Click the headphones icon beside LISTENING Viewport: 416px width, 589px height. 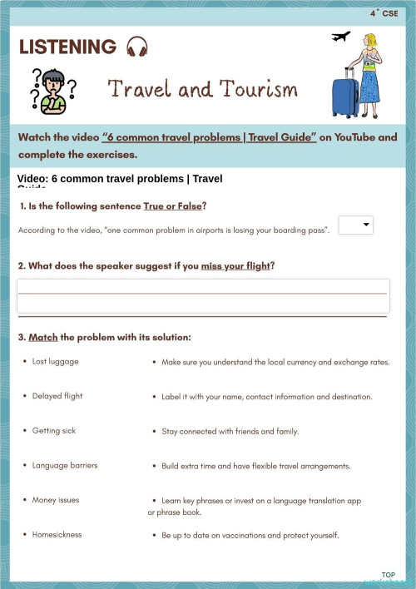(x=136, y=47)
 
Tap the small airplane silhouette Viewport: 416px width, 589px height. (x=340, y=37)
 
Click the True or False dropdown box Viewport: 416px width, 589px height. (x=356, y=225)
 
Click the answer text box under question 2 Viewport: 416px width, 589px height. (x=202, y=295)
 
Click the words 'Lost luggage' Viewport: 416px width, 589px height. (x=56, y=362)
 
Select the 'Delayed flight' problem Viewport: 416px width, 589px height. (x=57, y=396)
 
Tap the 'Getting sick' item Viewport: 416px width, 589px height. (x=54, y=431)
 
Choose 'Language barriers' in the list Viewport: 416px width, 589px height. (x=65, y=465)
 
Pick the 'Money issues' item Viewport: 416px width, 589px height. (x=56, y=500)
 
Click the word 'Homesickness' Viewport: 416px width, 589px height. (x=57, y=534)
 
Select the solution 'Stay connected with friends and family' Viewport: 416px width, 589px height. (x=230, y=432)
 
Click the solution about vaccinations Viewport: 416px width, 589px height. (x=250, y=535)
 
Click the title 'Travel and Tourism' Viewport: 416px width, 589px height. (x=202, y=88)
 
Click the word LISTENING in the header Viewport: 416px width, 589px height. (x=67, y=47)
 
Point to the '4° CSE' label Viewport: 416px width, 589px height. (x=384, y=13)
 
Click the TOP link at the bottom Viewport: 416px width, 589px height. (x=388, y=575)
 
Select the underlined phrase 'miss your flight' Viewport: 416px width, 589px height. (x=236, y=266)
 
